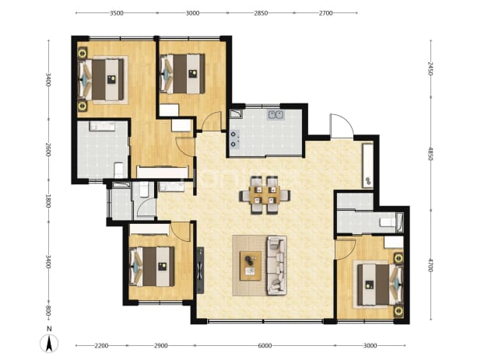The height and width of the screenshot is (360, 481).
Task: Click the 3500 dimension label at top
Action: click(117, 13)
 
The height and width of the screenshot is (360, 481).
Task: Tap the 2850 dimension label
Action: click(261, 13)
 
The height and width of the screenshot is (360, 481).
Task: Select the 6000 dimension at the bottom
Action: click(265, 345)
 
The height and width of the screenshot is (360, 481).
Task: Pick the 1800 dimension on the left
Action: click(48, 201)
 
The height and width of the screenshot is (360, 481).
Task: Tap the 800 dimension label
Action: click(48, 313)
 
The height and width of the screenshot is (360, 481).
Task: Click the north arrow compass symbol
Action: click(49, 343)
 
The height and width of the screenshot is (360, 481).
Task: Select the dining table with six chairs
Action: click(265, 195)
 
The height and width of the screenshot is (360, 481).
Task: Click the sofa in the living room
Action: click(277, 265)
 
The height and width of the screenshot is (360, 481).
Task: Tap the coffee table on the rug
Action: click(251, 266)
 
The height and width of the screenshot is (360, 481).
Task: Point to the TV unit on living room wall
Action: click(200, 271)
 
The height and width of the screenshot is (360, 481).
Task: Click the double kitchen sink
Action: click(276, 115)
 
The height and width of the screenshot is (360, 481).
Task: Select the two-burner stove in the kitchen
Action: click(234, 139)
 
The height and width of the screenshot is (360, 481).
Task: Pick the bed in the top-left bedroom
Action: click(102, 79)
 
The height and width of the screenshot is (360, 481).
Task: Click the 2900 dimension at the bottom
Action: click(161, 345)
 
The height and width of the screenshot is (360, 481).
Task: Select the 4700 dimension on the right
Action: click(430, 265)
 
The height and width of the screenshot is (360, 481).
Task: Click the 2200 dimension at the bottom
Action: click(101, 345)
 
